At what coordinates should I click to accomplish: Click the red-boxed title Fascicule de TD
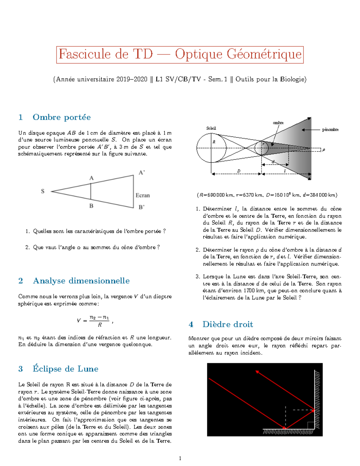[x=180, y=55]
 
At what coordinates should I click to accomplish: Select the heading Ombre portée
[x=61, y=117]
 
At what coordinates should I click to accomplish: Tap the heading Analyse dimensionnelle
[x=81, y=281]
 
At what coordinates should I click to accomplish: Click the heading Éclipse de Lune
[x=65, y=369]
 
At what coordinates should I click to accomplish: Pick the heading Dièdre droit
[x=227, y=324]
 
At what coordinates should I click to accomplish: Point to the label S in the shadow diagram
[x=43, y=191]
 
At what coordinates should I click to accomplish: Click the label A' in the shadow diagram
[x=142, y=173]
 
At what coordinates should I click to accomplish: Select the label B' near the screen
[x=142, y=207]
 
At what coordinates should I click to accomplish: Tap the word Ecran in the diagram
[x=142, y=195]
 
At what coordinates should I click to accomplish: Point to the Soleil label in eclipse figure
[x=211, y=128]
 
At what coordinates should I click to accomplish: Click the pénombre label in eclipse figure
[x=330, y=130]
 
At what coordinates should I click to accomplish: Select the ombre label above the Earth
[x=278, y=123]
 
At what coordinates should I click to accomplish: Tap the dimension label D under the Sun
[x=239, y=171]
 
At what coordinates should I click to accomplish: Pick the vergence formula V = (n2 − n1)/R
[x=95, y=321]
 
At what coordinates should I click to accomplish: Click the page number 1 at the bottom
[x=180, y=458]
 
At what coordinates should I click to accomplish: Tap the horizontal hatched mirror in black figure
[x=288, y=432]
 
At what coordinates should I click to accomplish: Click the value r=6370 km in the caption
[x=249, y=195]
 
